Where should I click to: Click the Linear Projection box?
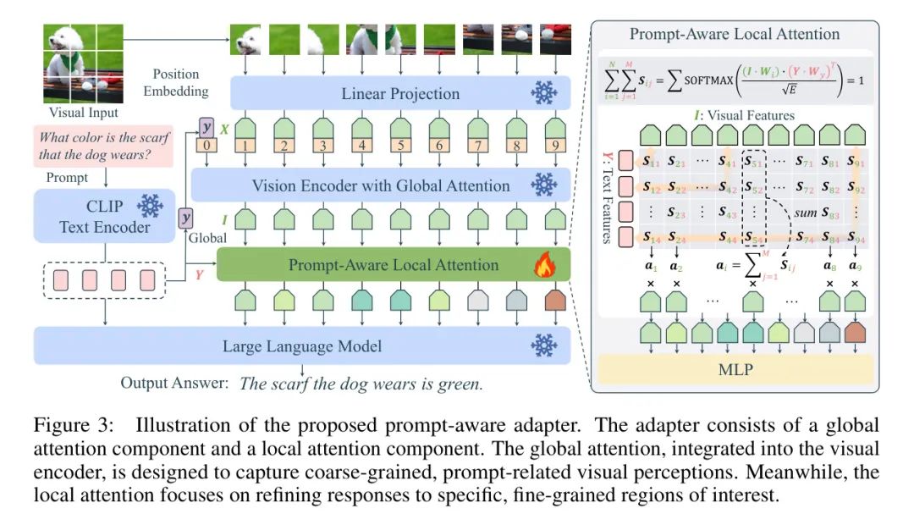(400, 94)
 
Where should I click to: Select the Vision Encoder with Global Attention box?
(381, 185)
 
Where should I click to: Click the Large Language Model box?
(302, 345)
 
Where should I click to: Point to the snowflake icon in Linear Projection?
(543, 94)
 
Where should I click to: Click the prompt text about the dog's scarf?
(103, 146)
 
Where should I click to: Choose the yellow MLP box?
(735, 368)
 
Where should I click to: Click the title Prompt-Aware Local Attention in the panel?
(735, 35)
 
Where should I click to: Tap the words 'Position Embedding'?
(176, 82)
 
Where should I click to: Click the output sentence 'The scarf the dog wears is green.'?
(361, 384)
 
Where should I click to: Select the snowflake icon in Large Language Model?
(543, 345)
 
